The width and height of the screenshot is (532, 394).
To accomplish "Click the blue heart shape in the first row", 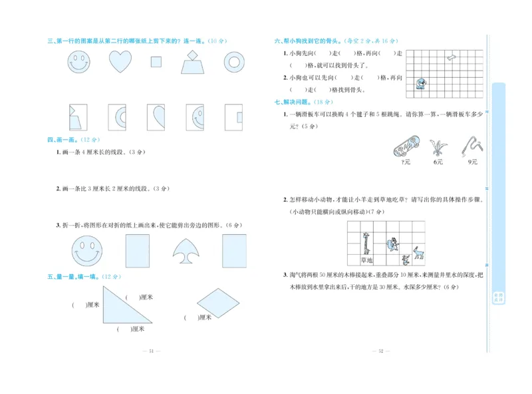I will (x=120, y=62).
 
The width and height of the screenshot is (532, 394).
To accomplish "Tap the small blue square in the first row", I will (x=156, y=62).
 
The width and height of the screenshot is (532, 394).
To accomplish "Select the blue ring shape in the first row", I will (x=233, y=62).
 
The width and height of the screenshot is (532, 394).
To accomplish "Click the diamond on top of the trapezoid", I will (x=193, y=55).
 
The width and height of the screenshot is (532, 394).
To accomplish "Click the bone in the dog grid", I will (x=451, y=58).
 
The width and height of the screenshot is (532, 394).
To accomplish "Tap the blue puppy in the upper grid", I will (x=420, y=83).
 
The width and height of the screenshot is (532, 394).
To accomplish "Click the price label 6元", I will (x=438, y=162).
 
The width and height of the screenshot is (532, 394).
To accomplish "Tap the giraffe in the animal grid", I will (x=366, y=242).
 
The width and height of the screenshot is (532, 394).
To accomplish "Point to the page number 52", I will (x=379, y=351).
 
